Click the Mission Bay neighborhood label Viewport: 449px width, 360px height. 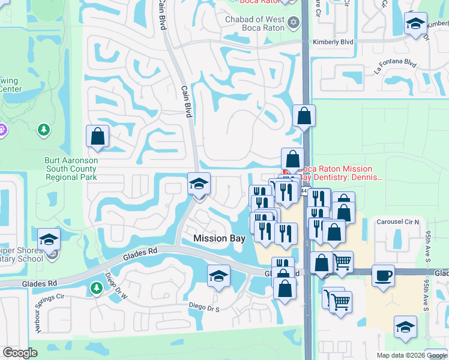tap(219, 239)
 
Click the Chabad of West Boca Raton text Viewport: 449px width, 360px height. tap(255, 24)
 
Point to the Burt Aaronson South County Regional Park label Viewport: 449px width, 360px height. tap(71, 169)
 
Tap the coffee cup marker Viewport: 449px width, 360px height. tap(384, 276)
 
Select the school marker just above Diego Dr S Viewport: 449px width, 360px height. tap(218, 277)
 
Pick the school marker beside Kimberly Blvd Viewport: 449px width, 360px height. tap(415, 23)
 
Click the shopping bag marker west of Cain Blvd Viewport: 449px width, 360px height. tap(98, 136)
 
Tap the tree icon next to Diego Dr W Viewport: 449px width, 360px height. tap(96, 289)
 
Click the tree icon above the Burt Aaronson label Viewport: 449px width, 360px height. tap(43, 130)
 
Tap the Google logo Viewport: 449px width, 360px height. tap(20, 353)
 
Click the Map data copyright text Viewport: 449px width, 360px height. tap(411, 355)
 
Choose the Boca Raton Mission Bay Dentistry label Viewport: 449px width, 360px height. tap(343, 173)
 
